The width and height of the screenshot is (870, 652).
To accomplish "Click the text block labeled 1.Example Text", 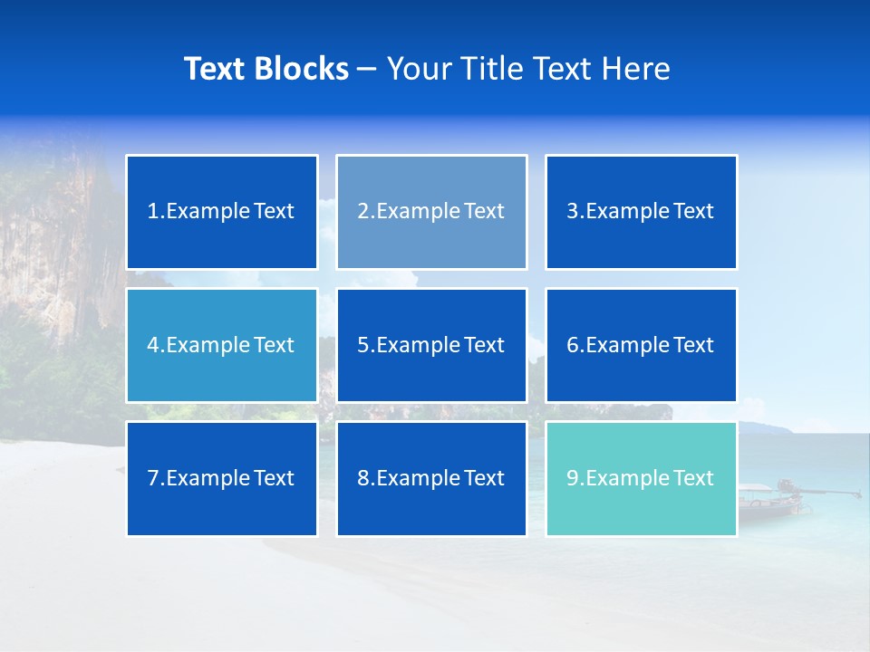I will pyautogui.click(x=222, y=212).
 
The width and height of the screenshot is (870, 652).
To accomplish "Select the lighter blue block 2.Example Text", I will pyautogui.click(x=431, y=212).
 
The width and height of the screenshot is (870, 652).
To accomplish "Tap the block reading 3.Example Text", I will pyautogui.click(x=641, y=212).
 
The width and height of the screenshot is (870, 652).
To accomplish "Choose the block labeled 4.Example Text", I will pyautogui.click(x=222, y=345).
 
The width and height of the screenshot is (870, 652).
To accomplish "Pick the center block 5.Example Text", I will pyautogui.click(x=431, y=345).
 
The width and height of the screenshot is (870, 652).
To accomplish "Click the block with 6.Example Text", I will pyautogui.click(x=641, y=345).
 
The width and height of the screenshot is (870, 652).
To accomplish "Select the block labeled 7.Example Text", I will pyautogui.click(x=222, y=478).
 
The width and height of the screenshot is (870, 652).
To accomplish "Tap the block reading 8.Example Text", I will pyautogui.click(x=431, y=478).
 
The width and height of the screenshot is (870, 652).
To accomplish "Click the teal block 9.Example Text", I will pyautogui.click(x=641, y=478).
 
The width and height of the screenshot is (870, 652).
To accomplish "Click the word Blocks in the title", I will pyautogui.click(x=302, y=69).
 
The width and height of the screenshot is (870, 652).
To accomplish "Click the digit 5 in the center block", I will pyautogui.click(x=362, y=345).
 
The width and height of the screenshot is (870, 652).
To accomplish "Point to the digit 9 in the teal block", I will pyautogui.click(x=573, y=478).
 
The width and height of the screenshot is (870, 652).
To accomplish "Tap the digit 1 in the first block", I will pyautogui.click(x=152, y=212).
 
